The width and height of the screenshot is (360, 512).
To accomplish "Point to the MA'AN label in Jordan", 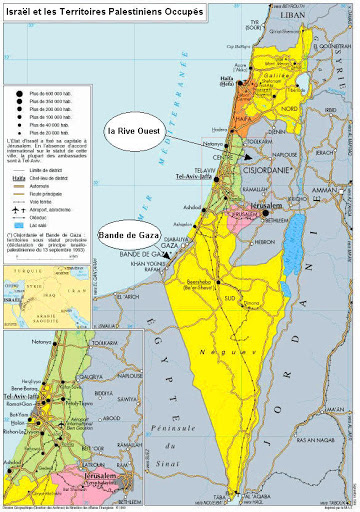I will pyautogui.click(x=327, y=379).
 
